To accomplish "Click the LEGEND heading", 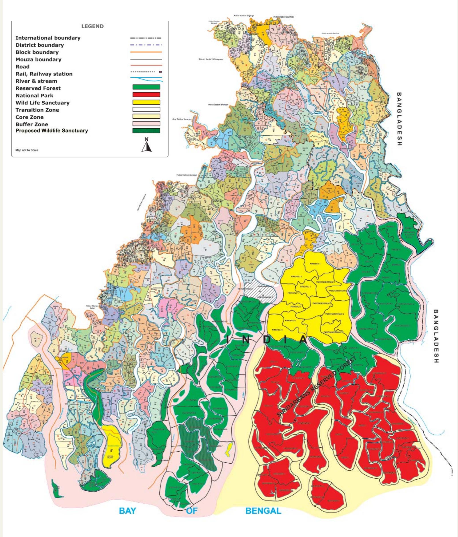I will (92, 26).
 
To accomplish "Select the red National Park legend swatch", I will (146, 94).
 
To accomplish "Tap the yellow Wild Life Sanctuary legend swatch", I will (146, 102).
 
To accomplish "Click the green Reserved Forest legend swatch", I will (146, 87).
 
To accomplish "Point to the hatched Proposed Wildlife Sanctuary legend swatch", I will (146, 131).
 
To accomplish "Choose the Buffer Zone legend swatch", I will (146, 124).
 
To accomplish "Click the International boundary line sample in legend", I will (146, 38).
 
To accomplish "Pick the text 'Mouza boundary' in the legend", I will (38, 60).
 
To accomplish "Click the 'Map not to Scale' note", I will (27, 150).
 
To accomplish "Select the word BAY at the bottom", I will (127, 511).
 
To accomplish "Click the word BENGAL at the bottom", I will (263, 511).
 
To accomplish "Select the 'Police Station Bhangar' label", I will (218, 105).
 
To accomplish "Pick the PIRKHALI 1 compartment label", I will (315, 264).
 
